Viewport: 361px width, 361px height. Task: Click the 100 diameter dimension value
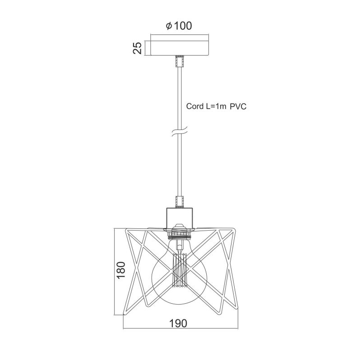183,26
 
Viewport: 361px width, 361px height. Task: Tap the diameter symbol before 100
169,26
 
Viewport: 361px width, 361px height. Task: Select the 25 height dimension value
138,48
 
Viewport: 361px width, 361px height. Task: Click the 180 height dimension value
121,270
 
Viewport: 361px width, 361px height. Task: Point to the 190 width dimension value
178,323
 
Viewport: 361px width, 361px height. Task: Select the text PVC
238,106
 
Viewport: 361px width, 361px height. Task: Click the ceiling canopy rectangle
179,48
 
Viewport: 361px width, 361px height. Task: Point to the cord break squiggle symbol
180,132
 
